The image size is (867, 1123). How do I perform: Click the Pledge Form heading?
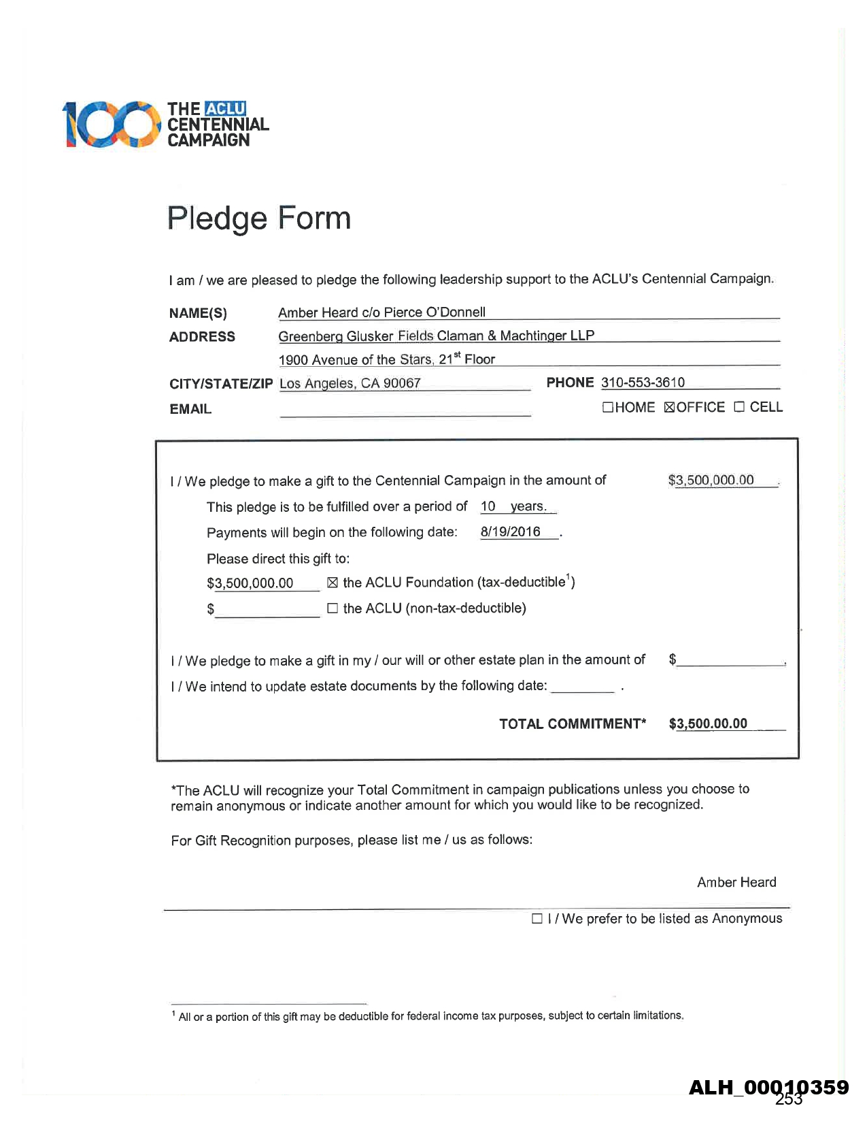259,218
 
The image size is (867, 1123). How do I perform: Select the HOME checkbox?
608,408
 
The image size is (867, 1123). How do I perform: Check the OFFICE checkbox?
669,408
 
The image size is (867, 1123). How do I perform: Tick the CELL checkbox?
739,407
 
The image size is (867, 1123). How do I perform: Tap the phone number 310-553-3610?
643,383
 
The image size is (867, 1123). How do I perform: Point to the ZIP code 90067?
402,383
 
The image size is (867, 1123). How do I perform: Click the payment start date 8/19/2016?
510,532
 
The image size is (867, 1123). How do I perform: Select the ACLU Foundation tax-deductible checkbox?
333,583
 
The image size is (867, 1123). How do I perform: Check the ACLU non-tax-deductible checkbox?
333,608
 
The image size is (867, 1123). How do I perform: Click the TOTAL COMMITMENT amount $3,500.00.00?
708,723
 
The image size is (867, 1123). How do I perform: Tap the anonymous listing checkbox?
537,919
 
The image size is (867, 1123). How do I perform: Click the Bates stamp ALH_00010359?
768,1088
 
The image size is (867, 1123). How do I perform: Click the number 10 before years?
488,506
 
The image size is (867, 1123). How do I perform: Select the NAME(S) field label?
198,313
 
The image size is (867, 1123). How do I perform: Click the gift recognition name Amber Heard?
736,883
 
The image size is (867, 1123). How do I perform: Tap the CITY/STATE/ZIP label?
221,384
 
